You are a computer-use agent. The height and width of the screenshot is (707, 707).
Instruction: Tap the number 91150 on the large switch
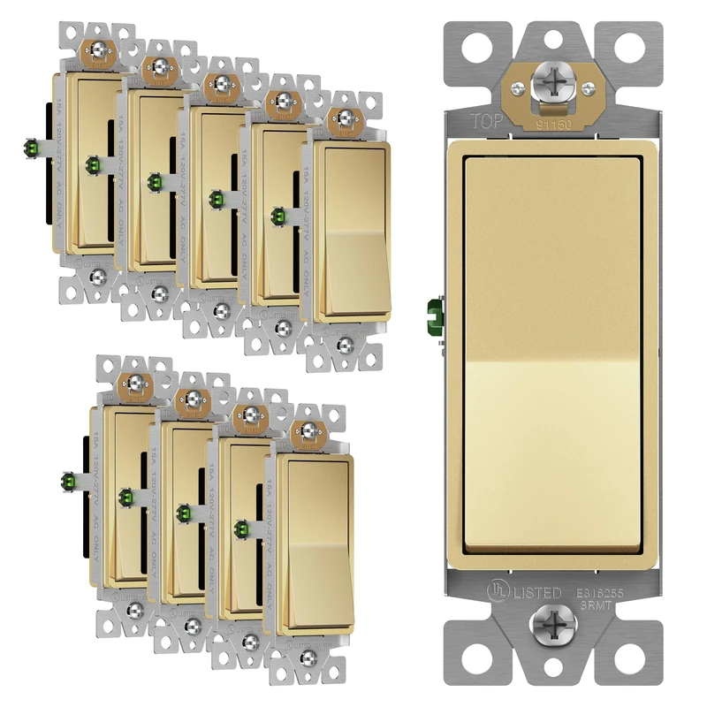tap(555, 125)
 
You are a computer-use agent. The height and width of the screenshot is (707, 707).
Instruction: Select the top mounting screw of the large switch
tap(552, 86)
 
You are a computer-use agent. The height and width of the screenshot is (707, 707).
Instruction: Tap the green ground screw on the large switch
tap(433, 313)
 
